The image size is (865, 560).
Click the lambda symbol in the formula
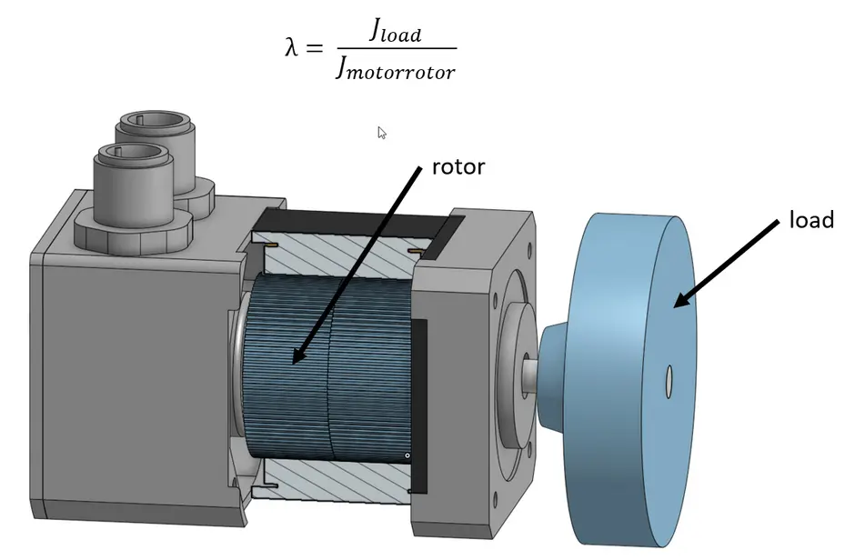coord(292,48)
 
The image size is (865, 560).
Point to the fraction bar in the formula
coord(396,49)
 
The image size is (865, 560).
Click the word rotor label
coord(458,166)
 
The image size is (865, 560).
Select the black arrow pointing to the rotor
coord(356,265)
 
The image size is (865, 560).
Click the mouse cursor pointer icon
coord(382,133)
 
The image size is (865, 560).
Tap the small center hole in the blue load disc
coord(669,383)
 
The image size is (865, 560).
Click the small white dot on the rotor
coord(408,455)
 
